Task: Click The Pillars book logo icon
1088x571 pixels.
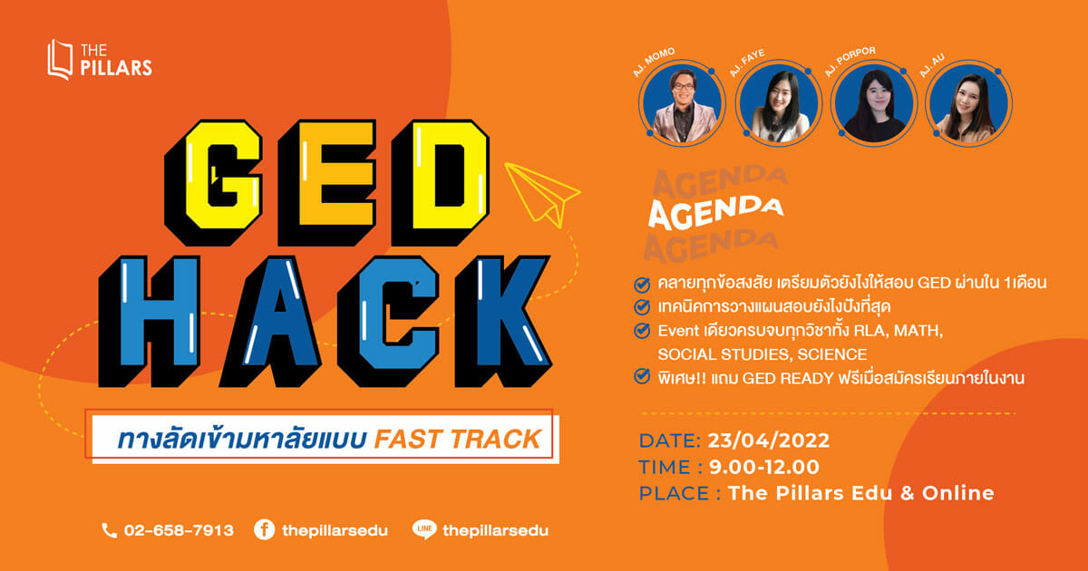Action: click(x=60, y=60)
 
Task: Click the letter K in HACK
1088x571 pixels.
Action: click(x=503, y=321)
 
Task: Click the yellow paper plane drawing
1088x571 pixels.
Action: click(x=542, y=194)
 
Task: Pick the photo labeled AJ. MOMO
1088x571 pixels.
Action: click(x=682, y=103)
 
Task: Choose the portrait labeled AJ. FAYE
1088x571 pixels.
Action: click(x=779, y=103)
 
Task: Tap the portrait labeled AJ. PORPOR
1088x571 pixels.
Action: click(x=874, y=103)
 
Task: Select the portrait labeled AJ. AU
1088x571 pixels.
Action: click(x=968, y=103)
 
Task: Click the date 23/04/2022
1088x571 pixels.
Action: click(x=769, y=440)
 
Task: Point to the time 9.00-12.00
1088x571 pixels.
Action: click(x=764, y=467)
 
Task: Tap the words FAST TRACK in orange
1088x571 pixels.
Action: click(x=458, y=440)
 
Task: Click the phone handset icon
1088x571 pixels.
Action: click(x=110, y=531)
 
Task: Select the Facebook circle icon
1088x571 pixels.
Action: click(x=264, y=529)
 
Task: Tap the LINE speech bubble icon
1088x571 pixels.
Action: click(x=424, y=529)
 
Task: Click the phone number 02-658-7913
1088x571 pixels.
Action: click(x=179, y=530)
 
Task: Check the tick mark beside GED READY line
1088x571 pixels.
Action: click(x=642, y=376)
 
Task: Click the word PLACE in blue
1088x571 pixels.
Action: click(x=675, y=493)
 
